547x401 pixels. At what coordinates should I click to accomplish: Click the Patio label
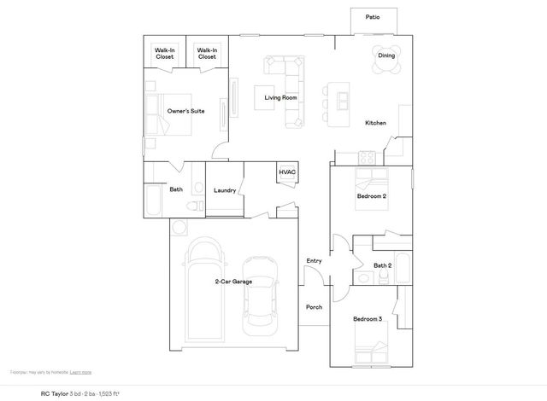coord(373,17)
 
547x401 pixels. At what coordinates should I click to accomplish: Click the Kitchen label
coord(376,124)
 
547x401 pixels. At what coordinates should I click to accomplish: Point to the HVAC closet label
coord(287,172)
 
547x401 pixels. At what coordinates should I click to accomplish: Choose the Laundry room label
coord(225,190)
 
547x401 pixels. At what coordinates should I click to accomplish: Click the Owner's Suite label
coord(185,111)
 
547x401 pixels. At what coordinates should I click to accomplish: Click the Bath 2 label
coord(382,265)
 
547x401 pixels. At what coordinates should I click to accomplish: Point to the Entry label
coord(314,260)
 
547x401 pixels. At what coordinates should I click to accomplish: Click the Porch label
coord(314,307)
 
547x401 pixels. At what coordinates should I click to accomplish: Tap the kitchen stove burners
coord(368,157)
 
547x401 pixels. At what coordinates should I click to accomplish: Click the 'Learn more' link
coord(81,373)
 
